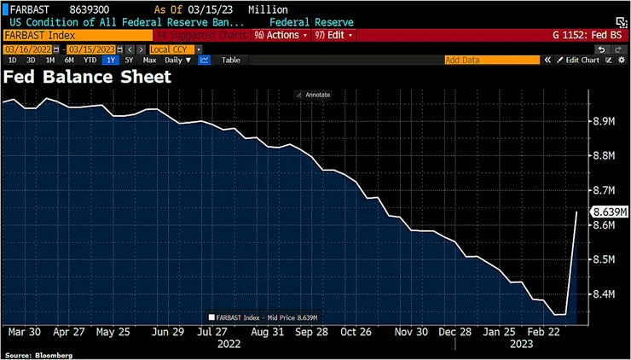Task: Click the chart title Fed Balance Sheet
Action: point(88,77)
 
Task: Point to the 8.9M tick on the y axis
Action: point(604,122)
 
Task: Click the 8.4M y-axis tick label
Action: point(604,294)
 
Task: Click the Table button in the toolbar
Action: point(231,60)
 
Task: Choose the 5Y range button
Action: point(129,60)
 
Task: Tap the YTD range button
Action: point(90,60)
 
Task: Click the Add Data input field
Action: point(492,60)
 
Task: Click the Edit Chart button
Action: point(582,60)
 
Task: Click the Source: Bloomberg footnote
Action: point(38,355)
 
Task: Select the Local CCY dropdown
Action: point(176,49)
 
